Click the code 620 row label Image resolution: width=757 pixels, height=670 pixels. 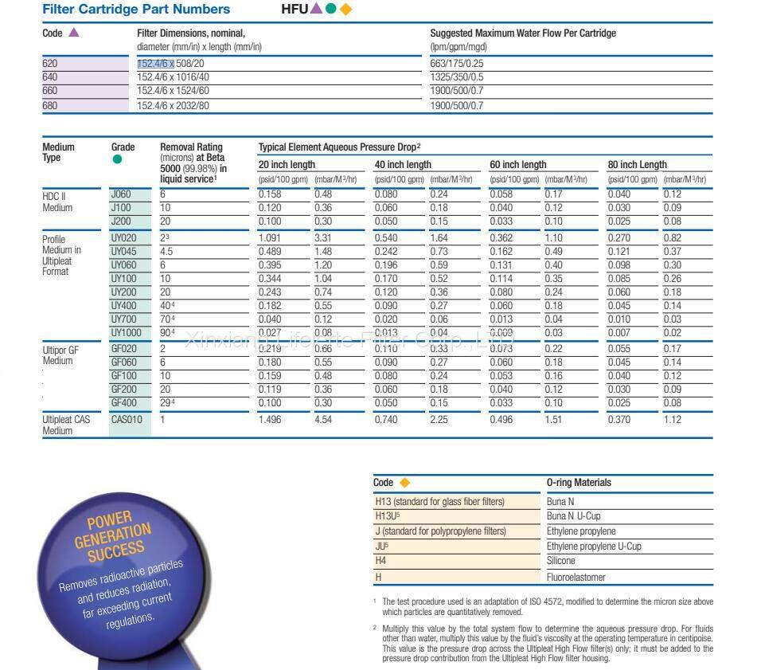point(50,63)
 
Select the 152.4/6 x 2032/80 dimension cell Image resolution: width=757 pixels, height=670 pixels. point(173,105)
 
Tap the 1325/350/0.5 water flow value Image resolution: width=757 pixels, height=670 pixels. point(456,77)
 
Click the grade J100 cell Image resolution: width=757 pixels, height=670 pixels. point(121,208)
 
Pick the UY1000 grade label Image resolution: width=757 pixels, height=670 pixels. point(125,331)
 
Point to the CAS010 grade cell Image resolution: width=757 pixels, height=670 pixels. point(127,420)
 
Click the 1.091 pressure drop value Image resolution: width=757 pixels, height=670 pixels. point(271,238)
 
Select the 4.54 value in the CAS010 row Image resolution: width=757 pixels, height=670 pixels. point(323,420)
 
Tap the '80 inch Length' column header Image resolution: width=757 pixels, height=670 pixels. point(637,165)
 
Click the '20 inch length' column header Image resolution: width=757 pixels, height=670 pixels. point(287,165)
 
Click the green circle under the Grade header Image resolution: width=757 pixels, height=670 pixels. point(118,159)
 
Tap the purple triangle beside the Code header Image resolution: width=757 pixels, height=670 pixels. point(74,33)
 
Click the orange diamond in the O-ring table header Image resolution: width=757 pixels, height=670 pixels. point(404,483)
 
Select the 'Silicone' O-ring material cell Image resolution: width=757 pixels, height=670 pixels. point(560,561)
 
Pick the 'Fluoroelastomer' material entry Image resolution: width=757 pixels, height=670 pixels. point(576,577)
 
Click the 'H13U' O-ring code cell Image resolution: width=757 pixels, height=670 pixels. point(387,516)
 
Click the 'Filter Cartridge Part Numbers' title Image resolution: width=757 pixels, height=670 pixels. point(136,10)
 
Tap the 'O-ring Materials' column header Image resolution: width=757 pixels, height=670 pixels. point(579,483)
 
